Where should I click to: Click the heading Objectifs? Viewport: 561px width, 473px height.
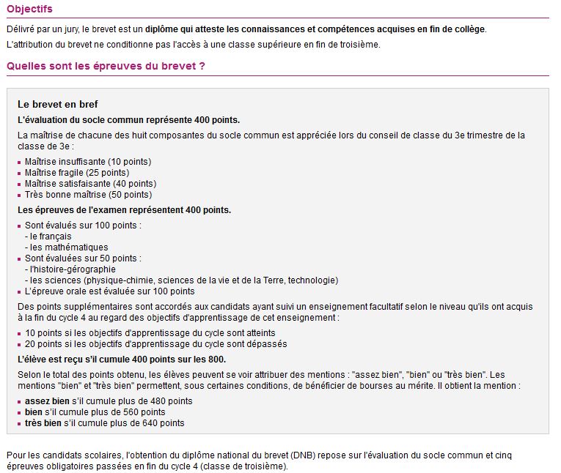tap(29, 9)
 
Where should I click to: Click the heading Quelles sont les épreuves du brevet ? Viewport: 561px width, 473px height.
tap(105, 66)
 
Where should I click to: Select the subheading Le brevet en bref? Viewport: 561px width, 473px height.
tap(58, 105)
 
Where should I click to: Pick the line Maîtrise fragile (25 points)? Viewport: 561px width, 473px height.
tap(77, 173)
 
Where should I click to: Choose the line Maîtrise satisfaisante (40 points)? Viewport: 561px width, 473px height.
tap(90, 184)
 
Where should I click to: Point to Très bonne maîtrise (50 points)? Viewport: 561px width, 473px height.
tap(88, 195)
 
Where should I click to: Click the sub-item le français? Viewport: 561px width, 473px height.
tap(51, 236)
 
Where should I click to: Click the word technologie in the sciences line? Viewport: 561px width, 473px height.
tap(313, 280)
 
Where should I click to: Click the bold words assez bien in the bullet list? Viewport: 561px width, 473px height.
tap(46, 401)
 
